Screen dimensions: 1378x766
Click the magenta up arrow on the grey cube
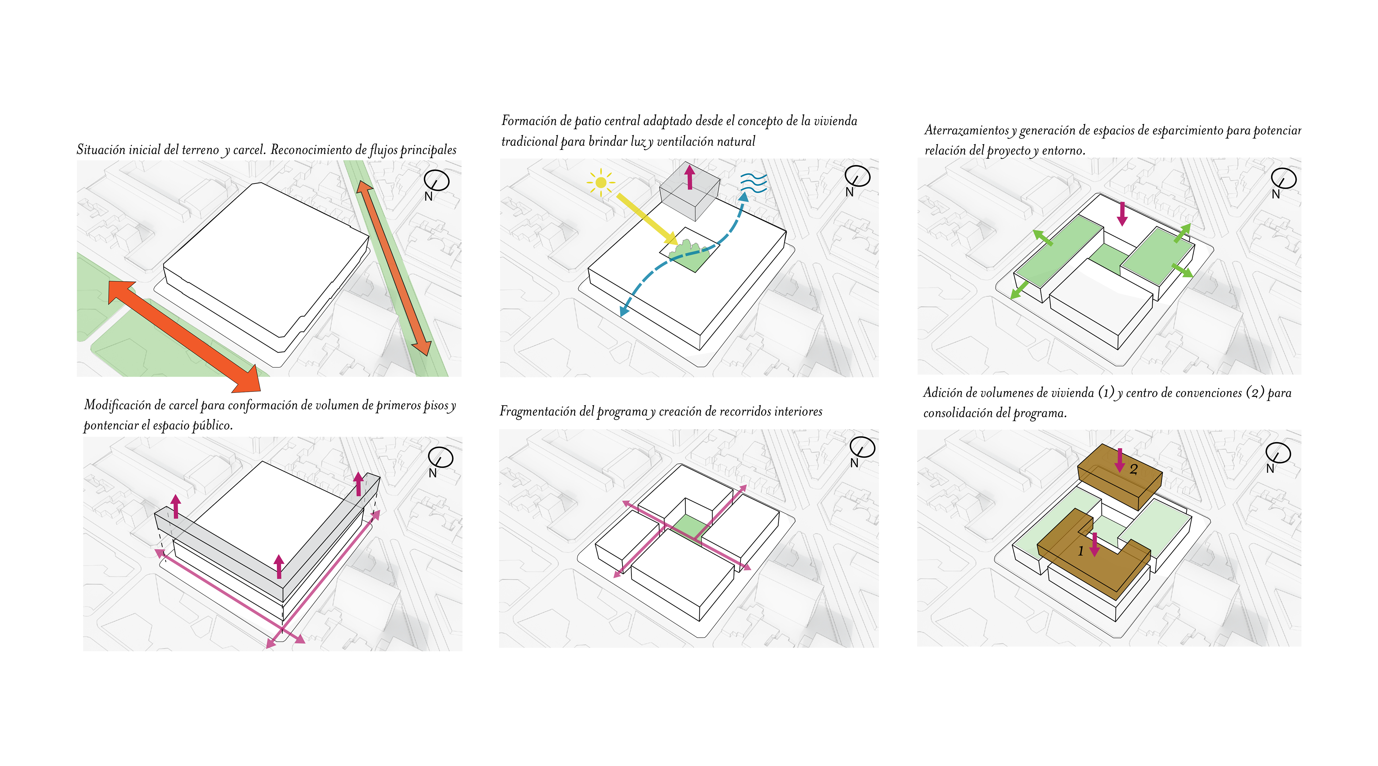pos(690,177)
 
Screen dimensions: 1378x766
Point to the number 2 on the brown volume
pos(1134,469)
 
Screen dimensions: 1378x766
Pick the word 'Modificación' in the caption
pos(117,405)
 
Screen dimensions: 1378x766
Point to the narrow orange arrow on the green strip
pos(394,268)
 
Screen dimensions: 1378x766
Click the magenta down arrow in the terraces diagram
pos(1122,213)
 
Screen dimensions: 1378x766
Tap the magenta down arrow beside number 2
pos(1119,460)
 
